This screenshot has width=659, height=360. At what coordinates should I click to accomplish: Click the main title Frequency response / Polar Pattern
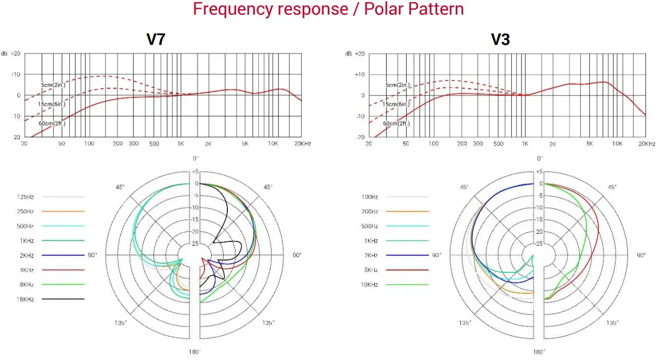(328, 9)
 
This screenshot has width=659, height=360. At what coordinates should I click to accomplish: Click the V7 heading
(155, 40)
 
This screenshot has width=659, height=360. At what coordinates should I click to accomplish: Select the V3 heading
(500, 40)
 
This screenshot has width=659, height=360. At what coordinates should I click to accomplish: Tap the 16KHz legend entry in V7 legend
(25, 299)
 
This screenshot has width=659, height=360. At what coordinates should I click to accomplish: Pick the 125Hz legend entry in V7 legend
(25, 197)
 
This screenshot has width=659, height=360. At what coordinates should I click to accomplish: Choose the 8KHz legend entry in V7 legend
(25, 284)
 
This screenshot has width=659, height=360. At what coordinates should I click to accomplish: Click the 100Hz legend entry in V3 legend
(370, 197)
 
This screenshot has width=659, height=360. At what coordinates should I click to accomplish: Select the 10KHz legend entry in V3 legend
(370, 284)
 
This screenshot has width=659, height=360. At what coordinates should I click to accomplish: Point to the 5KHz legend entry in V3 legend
(370, 270)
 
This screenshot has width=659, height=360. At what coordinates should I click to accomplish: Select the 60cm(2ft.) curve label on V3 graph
(397, 123)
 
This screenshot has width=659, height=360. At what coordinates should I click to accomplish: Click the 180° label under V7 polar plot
(195, 351)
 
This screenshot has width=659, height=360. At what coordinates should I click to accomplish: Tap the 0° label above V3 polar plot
(539, 159)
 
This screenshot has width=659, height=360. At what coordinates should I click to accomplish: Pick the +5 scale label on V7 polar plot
(195, 172)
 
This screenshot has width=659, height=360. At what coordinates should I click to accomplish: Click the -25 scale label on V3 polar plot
(539, 244)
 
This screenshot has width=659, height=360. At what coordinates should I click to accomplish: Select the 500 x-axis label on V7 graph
(154, 144)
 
